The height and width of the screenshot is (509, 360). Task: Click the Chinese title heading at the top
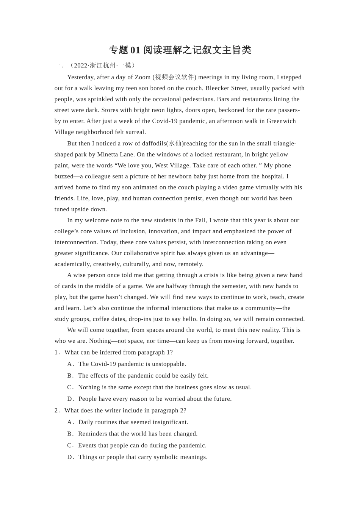click(180, 50)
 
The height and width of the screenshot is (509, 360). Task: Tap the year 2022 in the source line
click(80, 66)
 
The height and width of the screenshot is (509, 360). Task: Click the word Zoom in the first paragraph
click(143, 77)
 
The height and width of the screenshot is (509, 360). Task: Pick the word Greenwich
click(281, 121)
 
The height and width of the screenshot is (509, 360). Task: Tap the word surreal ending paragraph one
click(135, 132)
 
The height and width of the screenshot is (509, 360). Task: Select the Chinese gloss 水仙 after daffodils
click(175, 144)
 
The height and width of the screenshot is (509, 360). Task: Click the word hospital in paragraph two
click(271, 176)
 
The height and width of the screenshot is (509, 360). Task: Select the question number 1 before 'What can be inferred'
click(56, 353)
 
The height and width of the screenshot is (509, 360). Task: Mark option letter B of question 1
click(70, 376)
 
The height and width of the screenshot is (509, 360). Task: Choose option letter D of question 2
click(70, 457)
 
